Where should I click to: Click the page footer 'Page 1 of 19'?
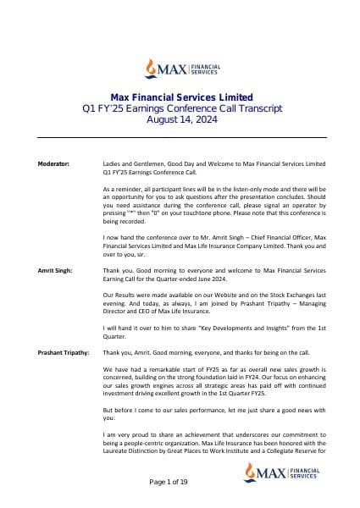pos(180,482)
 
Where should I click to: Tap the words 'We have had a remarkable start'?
pos(148,368)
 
